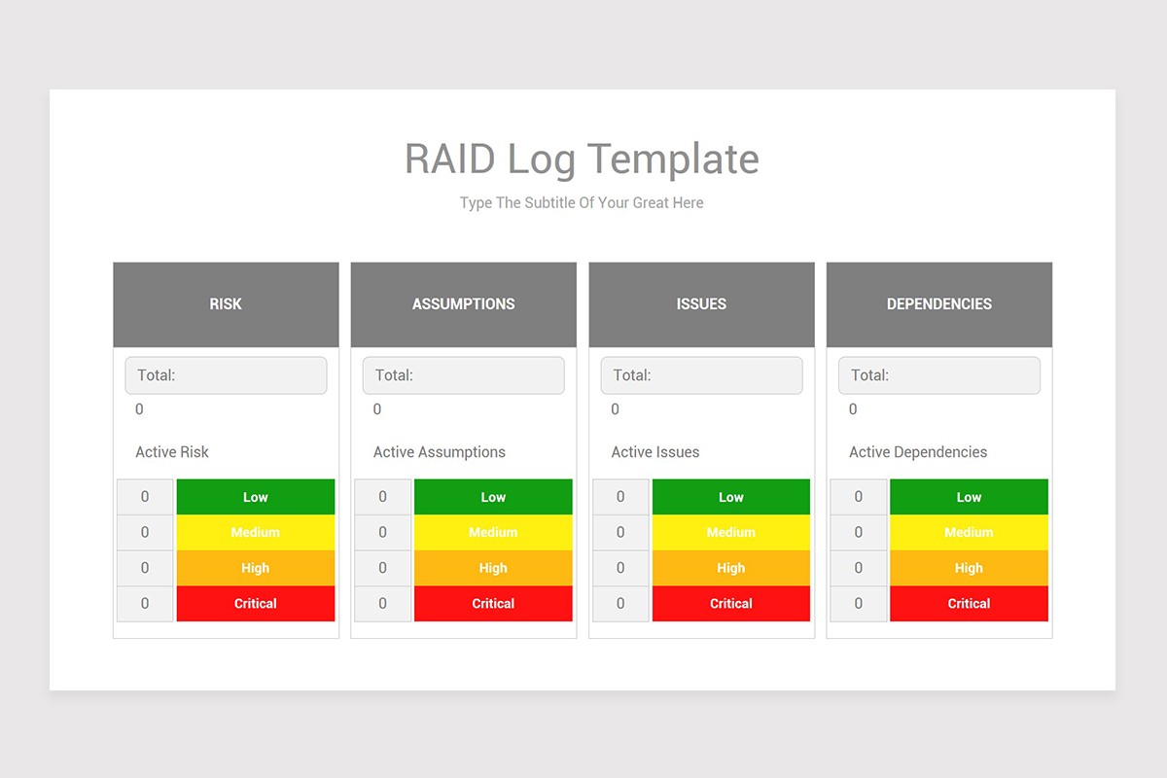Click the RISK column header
(226, 304)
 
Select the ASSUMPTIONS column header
(464, 304)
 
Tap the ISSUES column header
(701, 304)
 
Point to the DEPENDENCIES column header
(939, 304)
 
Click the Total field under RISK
(226, 375)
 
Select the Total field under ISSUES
(701, 375)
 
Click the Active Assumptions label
(440, 452)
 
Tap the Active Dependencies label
(918, 452)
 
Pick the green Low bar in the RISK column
(255, 497)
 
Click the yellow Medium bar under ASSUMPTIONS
(493, 532)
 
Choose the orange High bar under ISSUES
(731, 568)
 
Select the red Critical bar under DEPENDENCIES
(969, 603)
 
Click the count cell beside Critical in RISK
(145, 603)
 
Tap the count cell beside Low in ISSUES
(620, 497)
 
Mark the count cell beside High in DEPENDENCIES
(859, 568)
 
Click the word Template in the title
(673, 159)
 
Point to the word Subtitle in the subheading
(549, 202)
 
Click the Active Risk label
(172, 452)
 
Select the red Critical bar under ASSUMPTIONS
(493, 603)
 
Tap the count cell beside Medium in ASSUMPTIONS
(383, 532)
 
